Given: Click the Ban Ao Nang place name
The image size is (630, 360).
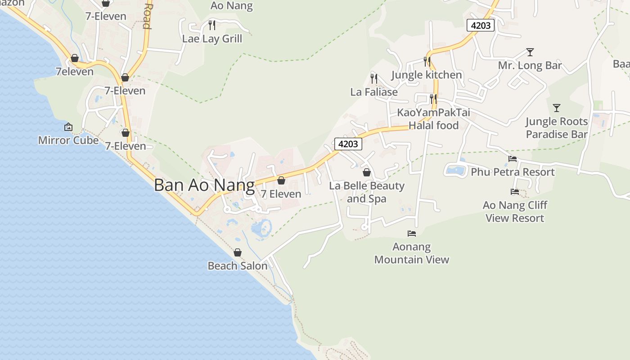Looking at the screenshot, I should pos(204,185).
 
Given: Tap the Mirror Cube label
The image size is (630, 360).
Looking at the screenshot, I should pos(68,140).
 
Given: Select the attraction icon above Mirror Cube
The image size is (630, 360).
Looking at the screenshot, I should pos(68,127).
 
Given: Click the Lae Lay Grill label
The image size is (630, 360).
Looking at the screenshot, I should pos(212,39).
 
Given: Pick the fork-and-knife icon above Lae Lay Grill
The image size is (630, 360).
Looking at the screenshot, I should pos(212,25).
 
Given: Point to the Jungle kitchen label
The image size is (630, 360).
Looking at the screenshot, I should pos(427,75).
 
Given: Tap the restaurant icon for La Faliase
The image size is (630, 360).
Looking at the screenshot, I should pos(374,78).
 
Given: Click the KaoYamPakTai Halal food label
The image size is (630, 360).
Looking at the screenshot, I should pos(433,119).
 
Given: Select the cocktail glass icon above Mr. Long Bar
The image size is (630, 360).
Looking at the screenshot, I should pos(530,52).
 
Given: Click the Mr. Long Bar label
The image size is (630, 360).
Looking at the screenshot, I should pos(530,66).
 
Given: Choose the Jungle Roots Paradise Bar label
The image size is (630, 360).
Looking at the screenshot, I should pos(557,128).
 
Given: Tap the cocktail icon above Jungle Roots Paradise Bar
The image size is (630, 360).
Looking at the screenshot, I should pos(557,108).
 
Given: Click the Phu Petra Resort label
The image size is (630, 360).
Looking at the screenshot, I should pos(513,172).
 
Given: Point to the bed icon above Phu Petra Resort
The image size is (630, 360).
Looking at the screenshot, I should pos(513,159).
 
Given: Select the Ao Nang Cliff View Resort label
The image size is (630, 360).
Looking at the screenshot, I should pos(515,211).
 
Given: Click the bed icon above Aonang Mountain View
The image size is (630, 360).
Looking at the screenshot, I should pos(412,233).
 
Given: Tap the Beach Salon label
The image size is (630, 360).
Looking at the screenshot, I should pos(238,266).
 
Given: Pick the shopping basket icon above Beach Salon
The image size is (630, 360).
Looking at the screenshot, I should pos(238,252).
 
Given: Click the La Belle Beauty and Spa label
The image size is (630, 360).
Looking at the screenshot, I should pos(367,192).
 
